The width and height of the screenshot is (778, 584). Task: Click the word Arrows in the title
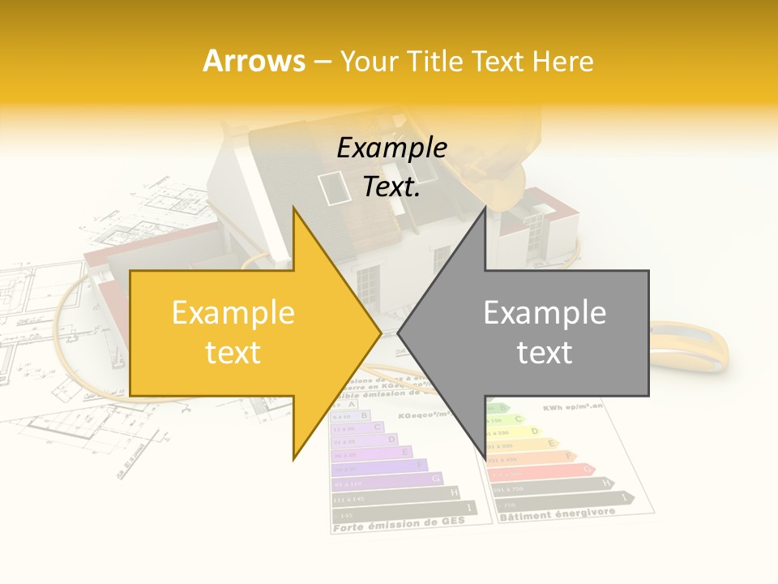click(x=254, y=61)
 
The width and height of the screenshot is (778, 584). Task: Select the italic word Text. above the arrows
click(x=391, y=187)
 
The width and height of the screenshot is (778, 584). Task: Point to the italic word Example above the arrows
click(x=391, y=148)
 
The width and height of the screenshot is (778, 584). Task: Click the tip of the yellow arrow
click(x=380, y=333)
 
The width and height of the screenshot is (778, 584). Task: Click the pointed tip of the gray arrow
click(x=399, y=333)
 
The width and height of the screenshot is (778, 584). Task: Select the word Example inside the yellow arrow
click(x=233, y=313)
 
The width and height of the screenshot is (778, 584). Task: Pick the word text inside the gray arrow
click(x=545, y=352)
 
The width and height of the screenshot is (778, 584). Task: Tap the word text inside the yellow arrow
click(x=233, y=352)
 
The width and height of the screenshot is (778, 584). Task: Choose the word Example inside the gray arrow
click(x=545, y=313)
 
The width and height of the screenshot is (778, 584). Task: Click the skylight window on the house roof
click(x=329, y=187)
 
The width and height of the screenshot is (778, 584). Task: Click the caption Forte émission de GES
click(x=399, y=524)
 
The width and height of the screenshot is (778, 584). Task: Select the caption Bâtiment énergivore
click(x=557, y=514)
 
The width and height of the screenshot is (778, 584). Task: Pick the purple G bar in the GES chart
click(x=387, y=479)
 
